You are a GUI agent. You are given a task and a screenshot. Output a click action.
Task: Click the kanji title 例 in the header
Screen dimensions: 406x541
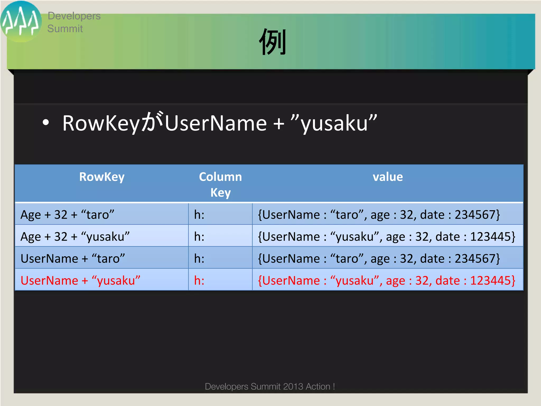pos(273,42)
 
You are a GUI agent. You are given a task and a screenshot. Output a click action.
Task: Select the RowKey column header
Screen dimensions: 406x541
pos(102,177)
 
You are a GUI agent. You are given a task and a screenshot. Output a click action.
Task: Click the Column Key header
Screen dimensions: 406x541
pos(220,184)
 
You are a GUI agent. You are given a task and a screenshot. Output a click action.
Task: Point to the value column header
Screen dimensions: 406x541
pos(388,177)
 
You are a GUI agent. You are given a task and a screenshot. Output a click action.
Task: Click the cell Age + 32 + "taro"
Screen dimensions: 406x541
pos(67,214)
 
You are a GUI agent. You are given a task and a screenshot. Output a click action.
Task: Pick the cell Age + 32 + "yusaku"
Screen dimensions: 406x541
pos(75,236)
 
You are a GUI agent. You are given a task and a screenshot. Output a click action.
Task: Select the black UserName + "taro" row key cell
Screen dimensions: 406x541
pos(73,258)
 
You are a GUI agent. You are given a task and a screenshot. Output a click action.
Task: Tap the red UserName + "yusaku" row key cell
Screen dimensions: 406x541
pos(80,280)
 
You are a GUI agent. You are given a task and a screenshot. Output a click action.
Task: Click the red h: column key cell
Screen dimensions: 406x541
pos(199,280)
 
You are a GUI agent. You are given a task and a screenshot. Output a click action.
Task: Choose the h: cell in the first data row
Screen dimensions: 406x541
pos(199,214)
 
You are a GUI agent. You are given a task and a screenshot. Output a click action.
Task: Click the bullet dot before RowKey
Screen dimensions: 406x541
pos(46,122)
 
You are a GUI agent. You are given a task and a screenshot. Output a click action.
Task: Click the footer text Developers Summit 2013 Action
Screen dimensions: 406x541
pos(270,386)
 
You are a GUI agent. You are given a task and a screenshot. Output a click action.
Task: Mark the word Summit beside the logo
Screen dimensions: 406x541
pos(65,29)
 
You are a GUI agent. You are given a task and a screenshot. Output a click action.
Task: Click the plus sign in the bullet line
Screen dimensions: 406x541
pos(279,123)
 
